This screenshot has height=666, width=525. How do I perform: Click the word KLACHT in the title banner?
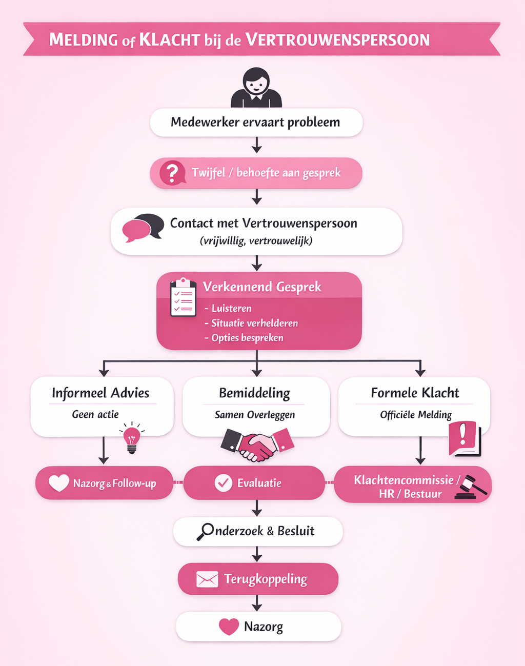(169, 39)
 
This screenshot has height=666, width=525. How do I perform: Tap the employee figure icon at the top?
(256, 88)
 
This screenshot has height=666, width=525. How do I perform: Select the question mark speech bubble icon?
(172, 173)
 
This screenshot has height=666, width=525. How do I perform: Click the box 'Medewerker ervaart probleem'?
(256, 123)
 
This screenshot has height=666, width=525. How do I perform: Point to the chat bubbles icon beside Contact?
(143, 228)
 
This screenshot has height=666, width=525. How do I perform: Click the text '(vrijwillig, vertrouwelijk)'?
(256, 240)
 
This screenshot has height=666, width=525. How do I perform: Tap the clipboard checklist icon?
(183, 298)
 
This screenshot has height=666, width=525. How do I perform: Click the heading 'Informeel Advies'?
(100, 393)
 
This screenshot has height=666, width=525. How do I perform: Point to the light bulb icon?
(132, 439)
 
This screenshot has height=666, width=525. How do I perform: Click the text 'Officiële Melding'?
(416, 415)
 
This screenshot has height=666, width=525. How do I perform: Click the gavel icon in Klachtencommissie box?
(473, 486)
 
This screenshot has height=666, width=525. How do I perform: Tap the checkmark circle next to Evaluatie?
(224, 483)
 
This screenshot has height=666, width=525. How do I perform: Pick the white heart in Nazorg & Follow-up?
(59, 483)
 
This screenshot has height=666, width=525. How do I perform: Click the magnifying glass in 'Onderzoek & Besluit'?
(206, 532)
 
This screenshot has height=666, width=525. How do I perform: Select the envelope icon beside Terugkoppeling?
(207, 579)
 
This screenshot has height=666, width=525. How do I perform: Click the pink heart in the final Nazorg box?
(229, 627)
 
